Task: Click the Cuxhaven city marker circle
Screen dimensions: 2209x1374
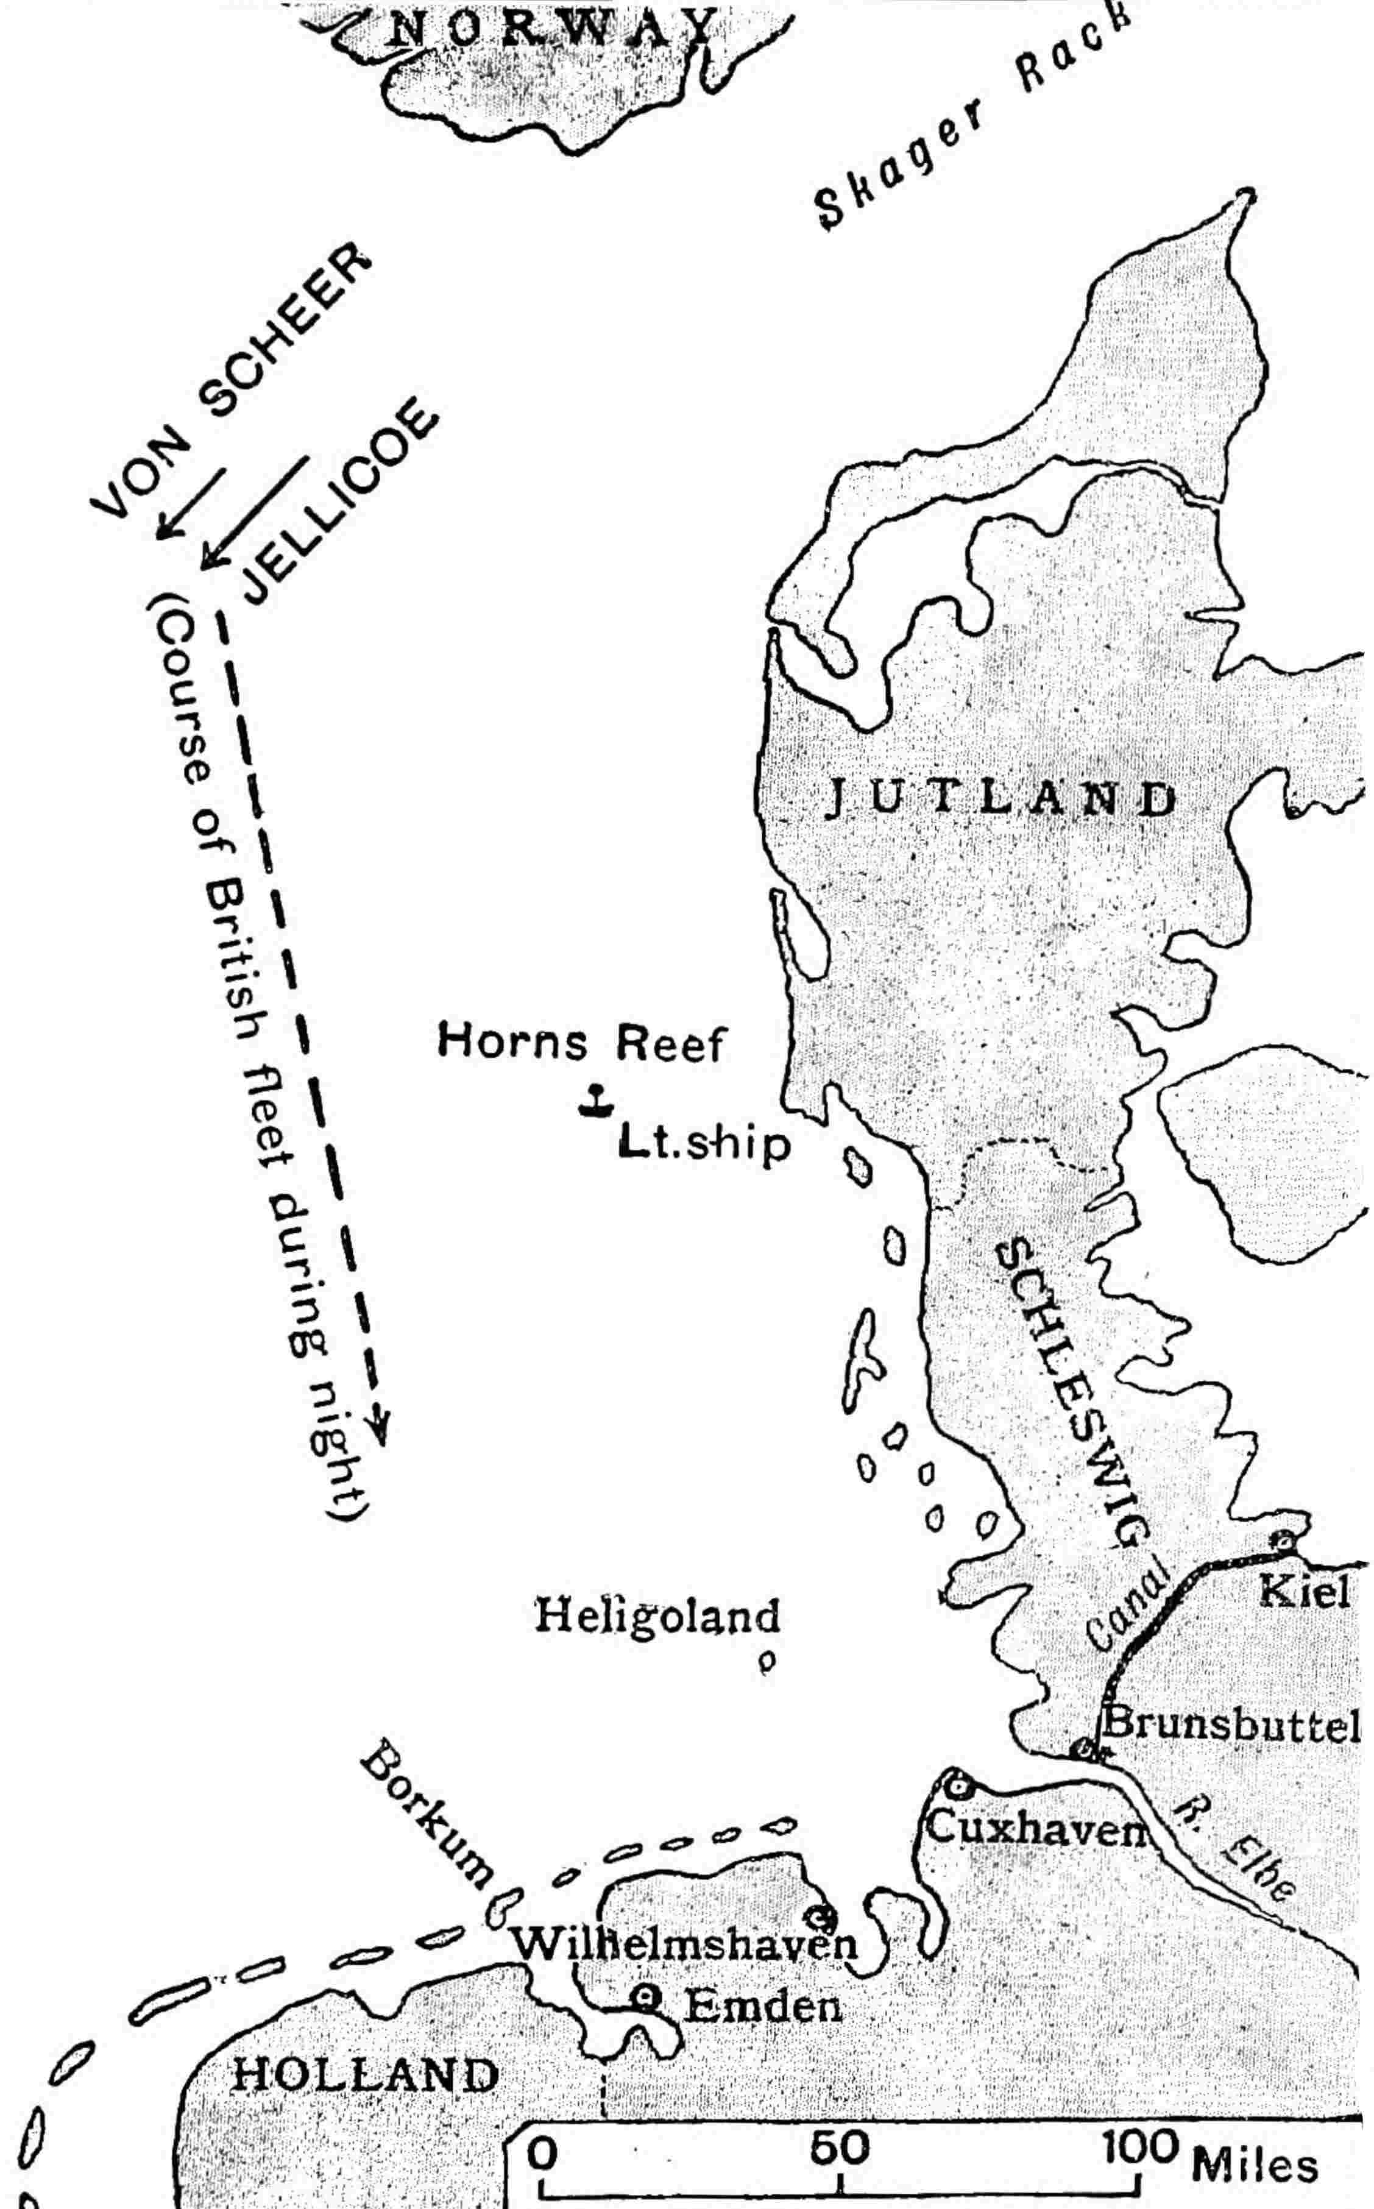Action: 956,1785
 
